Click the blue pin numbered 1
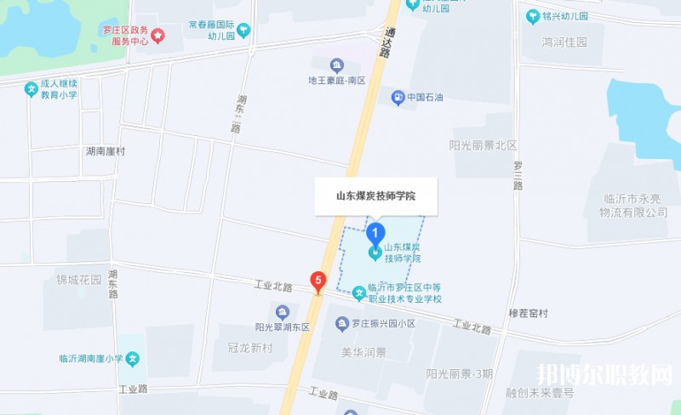pyautogui.click(x=375, y=230)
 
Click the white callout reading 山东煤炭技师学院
pyautogui.click(x=375, y=195)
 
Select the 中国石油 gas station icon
pyautogui.click(x=398, y=97)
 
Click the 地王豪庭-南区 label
pyautogui.click(x=336, y=81)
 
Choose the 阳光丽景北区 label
pyautogui.click(x=483, y=145)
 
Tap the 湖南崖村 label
pyautogui.click(x=106, y=151)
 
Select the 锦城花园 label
pyautogui.click(x=78, y=279)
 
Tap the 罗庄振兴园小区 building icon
pyautogui.click(x=342, y=324)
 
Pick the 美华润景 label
pyautogui.click(x=363, y=352)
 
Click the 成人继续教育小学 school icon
pyautogui.click(x=31, y=87)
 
